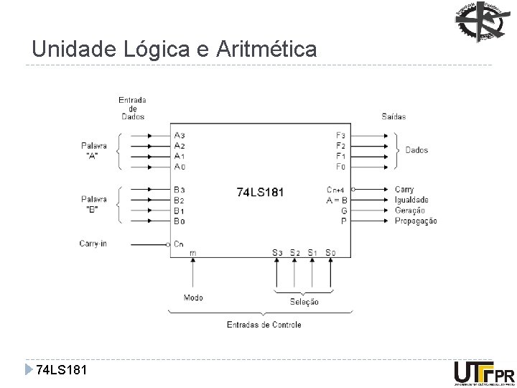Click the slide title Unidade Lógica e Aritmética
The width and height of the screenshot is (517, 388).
pyautogui.click(x=174, y=50)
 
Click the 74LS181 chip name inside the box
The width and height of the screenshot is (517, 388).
pyautogui.click(x=260, y=193)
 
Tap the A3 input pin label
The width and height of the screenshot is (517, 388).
pyautogui.click(x=180, y=135)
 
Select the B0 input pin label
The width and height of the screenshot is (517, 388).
pyautogui.click(x=180, y=221)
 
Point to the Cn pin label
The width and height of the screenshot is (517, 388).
pyautogui.click(x=179, y=244)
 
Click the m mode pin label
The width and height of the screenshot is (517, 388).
pyautogui.click(x=192, y=253)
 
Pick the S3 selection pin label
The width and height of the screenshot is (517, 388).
pyautogui.click(x=277, y=252)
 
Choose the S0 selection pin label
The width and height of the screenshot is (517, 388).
pyautogui.click(x=330, y=252)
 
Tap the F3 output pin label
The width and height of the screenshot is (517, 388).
pyautogui.click(x=340, y=135)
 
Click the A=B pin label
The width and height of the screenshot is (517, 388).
pyautogui.click(x=337, y=200)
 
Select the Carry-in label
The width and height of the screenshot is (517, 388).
pyautogui.click(x=93, y=244)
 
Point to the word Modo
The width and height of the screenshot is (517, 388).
pyautogui.click(x=193, y=297)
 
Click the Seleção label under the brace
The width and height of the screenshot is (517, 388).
pyautogui.click(x=304, y=302)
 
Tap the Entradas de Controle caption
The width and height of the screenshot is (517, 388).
pyautogui.click(x=264, y=325)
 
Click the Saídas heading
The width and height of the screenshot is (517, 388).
pyautogui.click(x=393, y=116)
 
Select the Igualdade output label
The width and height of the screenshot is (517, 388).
pyautogui.click(x=411, y=200)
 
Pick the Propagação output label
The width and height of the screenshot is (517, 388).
pyautogui.click(x=415, y=221)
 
